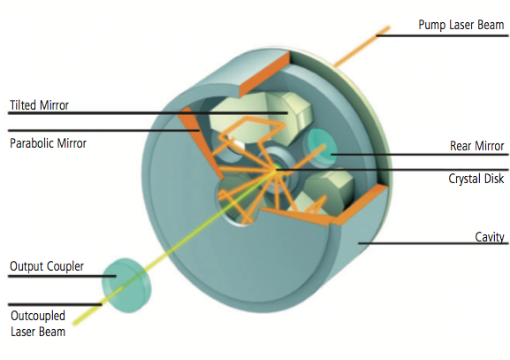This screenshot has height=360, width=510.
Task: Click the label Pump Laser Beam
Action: coord(461,25)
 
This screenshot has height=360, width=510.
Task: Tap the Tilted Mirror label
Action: coord(39,105)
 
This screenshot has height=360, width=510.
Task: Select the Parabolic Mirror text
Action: coord(48,143)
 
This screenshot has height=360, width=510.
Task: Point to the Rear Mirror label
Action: coord(476,146)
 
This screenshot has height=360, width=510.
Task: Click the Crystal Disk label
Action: coord(476,179)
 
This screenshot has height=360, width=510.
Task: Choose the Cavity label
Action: coord(490,237)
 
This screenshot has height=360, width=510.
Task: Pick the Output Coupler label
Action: coord(47,266)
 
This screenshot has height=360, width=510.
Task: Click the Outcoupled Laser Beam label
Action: coord(38,324)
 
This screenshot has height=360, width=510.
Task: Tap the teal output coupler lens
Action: coord(126,286)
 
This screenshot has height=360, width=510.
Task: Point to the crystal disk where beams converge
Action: coord(278,169)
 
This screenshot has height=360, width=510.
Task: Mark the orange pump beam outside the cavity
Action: coord(362,47)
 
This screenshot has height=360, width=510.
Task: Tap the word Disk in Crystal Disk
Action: coord(494,179)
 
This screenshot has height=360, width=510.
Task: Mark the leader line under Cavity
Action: coord(433,243)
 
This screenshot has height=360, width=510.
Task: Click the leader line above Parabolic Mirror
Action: coord(103,131)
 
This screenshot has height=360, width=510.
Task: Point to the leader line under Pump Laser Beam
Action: coord(442,35)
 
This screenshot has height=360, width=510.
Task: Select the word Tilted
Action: coord(23,105)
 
